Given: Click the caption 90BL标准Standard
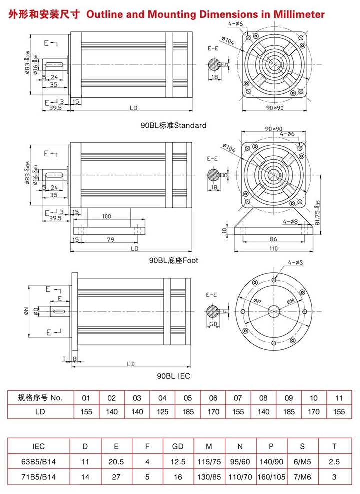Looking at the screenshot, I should coord(173,125).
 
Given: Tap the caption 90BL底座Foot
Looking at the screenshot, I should coord(173,260).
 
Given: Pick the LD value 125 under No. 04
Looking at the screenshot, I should coord(162,412).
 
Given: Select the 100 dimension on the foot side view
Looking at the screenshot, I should coord(106,217).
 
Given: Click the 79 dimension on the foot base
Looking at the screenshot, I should coord(111,240).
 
